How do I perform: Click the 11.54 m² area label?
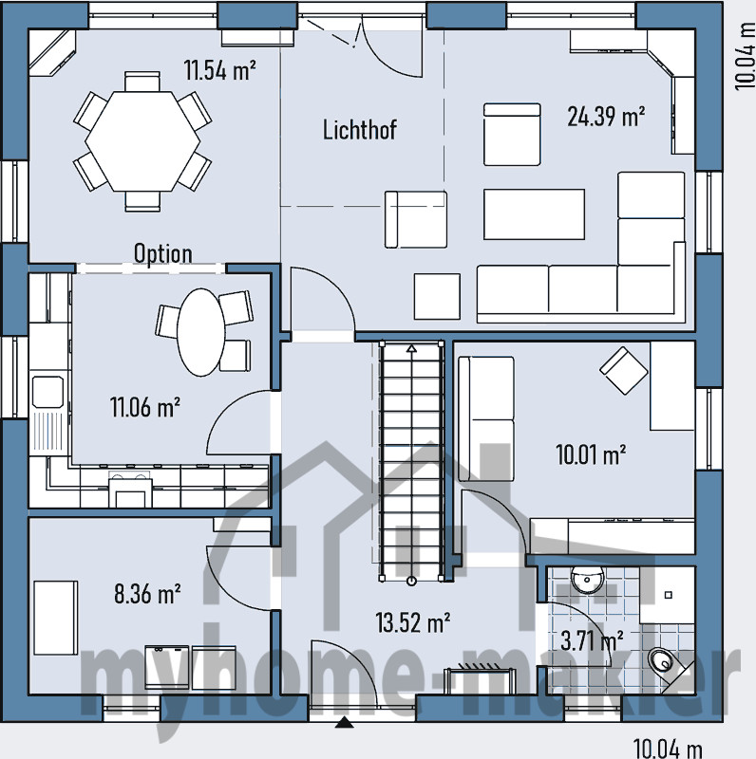click(219, 69)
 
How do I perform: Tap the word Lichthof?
click(359, 130)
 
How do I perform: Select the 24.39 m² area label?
click(606, 117)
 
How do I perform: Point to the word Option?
click(162, 253)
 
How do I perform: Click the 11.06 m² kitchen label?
click(145, 408)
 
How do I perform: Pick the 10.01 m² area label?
click(590, 454)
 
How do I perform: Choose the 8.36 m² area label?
click(147, 595)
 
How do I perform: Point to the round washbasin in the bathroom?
click(585, 580)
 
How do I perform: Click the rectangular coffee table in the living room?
click(534, 213)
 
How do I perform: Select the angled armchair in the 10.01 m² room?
click(622, 371)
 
